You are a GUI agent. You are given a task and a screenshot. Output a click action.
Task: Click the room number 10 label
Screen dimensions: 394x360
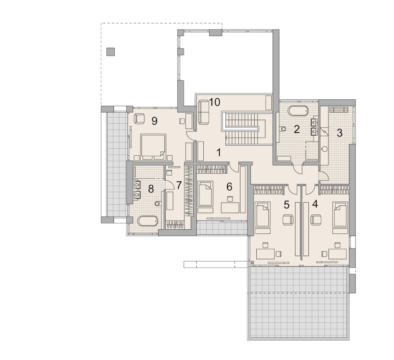(x=215, y=102)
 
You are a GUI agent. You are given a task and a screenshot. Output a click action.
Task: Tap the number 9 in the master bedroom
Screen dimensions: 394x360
(x=154, y=121)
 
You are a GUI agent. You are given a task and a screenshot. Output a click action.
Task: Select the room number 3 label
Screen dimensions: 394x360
(x=339, y=133)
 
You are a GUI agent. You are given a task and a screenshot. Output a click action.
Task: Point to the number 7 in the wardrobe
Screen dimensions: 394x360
(x=179, y=185)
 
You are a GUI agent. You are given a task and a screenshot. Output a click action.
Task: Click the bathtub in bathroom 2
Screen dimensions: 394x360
(x=298, y=111)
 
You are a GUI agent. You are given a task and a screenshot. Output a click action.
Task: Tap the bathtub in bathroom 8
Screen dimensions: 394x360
(x=148, y=221)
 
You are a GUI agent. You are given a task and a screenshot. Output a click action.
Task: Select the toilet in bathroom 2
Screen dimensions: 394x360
(x=283, y=129)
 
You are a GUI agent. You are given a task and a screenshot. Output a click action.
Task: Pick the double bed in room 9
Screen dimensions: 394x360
(x=153, y=147)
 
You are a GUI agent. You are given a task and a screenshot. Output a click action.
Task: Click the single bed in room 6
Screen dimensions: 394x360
(x=205, y=194)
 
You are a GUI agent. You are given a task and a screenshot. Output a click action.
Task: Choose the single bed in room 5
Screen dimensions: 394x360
(x=263, y=214)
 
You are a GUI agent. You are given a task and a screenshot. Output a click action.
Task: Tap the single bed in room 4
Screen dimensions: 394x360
(x=340, y=214)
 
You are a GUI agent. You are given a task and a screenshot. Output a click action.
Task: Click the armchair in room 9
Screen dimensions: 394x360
(x=139, y=119)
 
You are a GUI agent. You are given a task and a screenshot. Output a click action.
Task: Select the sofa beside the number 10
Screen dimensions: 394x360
(x=204, y=112)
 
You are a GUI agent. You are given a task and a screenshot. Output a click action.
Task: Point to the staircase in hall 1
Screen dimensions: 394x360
(x=243, y=129)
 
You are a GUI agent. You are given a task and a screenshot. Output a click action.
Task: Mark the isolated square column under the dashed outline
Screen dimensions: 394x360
(x=111, y=52)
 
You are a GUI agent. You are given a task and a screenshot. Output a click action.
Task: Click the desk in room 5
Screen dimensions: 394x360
(x=265, y=254)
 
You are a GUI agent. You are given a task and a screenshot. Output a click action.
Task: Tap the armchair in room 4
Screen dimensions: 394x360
(x=316, y=220)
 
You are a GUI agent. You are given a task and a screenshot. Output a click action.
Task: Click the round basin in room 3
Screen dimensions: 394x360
(x=324, y=149)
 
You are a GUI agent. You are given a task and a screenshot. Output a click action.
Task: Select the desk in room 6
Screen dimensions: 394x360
(x=230, y=208)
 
